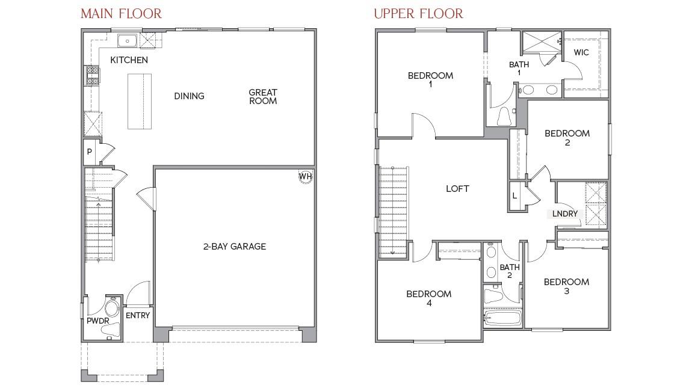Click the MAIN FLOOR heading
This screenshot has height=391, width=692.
coord(121,13)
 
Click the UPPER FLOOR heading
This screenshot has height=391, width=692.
coord(419,13)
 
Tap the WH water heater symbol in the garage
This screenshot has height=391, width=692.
coord(306,176)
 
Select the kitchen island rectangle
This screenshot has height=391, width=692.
coord(139,101)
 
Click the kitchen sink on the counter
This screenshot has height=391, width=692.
coord(128,41)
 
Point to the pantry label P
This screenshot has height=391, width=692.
coord(89,152)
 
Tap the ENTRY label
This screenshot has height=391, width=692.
coord(138,315)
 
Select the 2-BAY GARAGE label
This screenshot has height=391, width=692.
coord(234,246)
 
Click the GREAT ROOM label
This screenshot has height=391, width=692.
coord(263,97)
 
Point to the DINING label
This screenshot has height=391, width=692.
coord(189,96)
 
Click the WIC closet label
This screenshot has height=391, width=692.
coord(581,52)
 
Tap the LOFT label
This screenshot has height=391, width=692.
coord(457,189)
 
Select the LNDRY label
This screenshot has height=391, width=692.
coord(565,214)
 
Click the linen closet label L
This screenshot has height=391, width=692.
coord(514,196)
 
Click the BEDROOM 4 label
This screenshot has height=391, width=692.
coord(428,298)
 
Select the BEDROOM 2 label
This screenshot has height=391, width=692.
coord(567,138)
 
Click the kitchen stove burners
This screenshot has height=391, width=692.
coord(93,76)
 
